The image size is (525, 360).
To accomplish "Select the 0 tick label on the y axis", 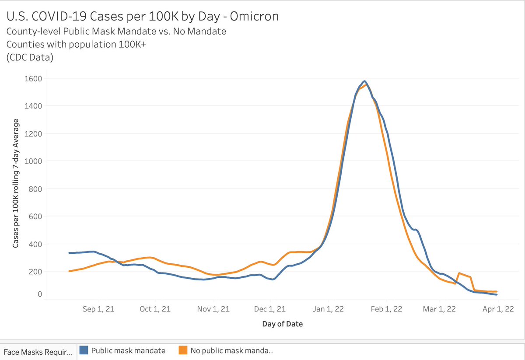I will (x=39, y=294).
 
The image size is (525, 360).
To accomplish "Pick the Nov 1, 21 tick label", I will (x=213, y=309).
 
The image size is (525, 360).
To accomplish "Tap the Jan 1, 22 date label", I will (x=329, y=309).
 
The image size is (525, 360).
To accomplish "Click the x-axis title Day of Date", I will (x=282, y=324).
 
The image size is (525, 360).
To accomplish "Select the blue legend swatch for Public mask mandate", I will (x=85, y=350).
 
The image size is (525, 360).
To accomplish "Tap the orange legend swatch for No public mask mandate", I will (x=183, y=350).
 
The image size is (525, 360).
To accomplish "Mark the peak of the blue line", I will (x=364, y=81).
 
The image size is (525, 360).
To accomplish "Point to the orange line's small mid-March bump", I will (x=459, y=273).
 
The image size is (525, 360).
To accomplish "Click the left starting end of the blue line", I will (x=70, y=253).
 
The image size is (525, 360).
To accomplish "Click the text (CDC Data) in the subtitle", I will (x=29, y=58).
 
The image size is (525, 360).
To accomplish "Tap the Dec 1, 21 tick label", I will (x=269, y=309).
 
